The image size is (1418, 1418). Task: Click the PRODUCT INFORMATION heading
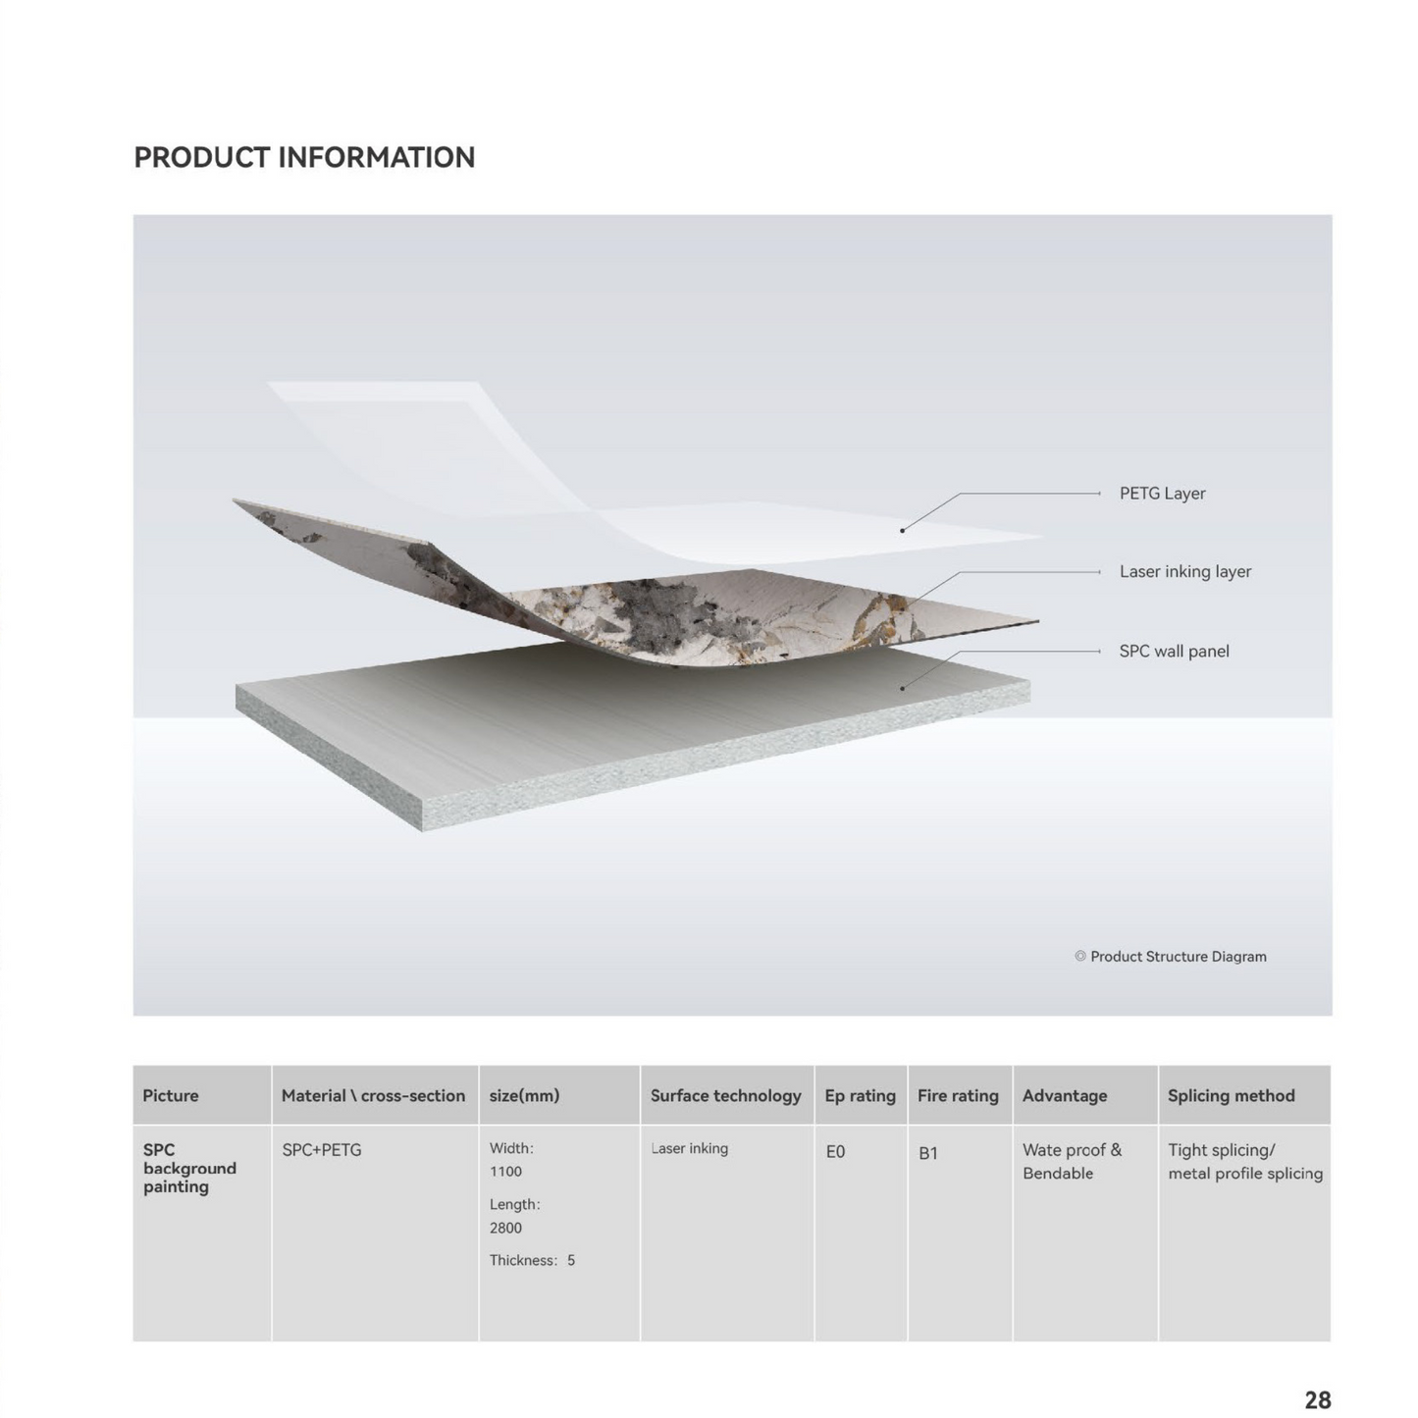304,158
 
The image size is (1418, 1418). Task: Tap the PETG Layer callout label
1162,494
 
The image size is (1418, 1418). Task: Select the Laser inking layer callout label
1184,571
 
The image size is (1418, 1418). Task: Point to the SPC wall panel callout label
1174,652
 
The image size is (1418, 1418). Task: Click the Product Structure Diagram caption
1178,957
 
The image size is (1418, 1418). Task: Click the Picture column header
171,1096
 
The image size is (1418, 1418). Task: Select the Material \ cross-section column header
373,1096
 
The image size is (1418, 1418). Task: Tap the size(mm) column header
524,1096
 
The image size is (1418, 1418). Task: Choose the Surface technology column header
725,1096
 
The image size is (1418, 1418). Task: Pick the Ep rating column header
860,1096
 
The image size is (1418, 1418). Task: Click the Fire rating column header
958,1096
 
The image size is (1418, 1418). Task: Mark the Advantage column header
1065,1096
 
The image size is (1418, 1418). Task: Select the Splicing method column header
1231,1096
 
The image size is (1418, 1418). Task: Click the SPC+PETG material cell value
322,1150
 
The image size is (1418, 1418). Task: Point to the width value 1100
505,1172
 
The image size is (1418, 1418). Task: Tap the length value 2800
505,1228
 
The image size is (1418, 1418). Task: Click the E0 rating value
835,1152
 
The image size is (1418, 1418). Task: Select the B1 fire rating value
928,1153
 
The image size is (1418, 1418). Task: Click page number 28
1317,1399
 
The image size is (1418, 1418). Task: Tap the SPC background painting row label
189,1168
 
